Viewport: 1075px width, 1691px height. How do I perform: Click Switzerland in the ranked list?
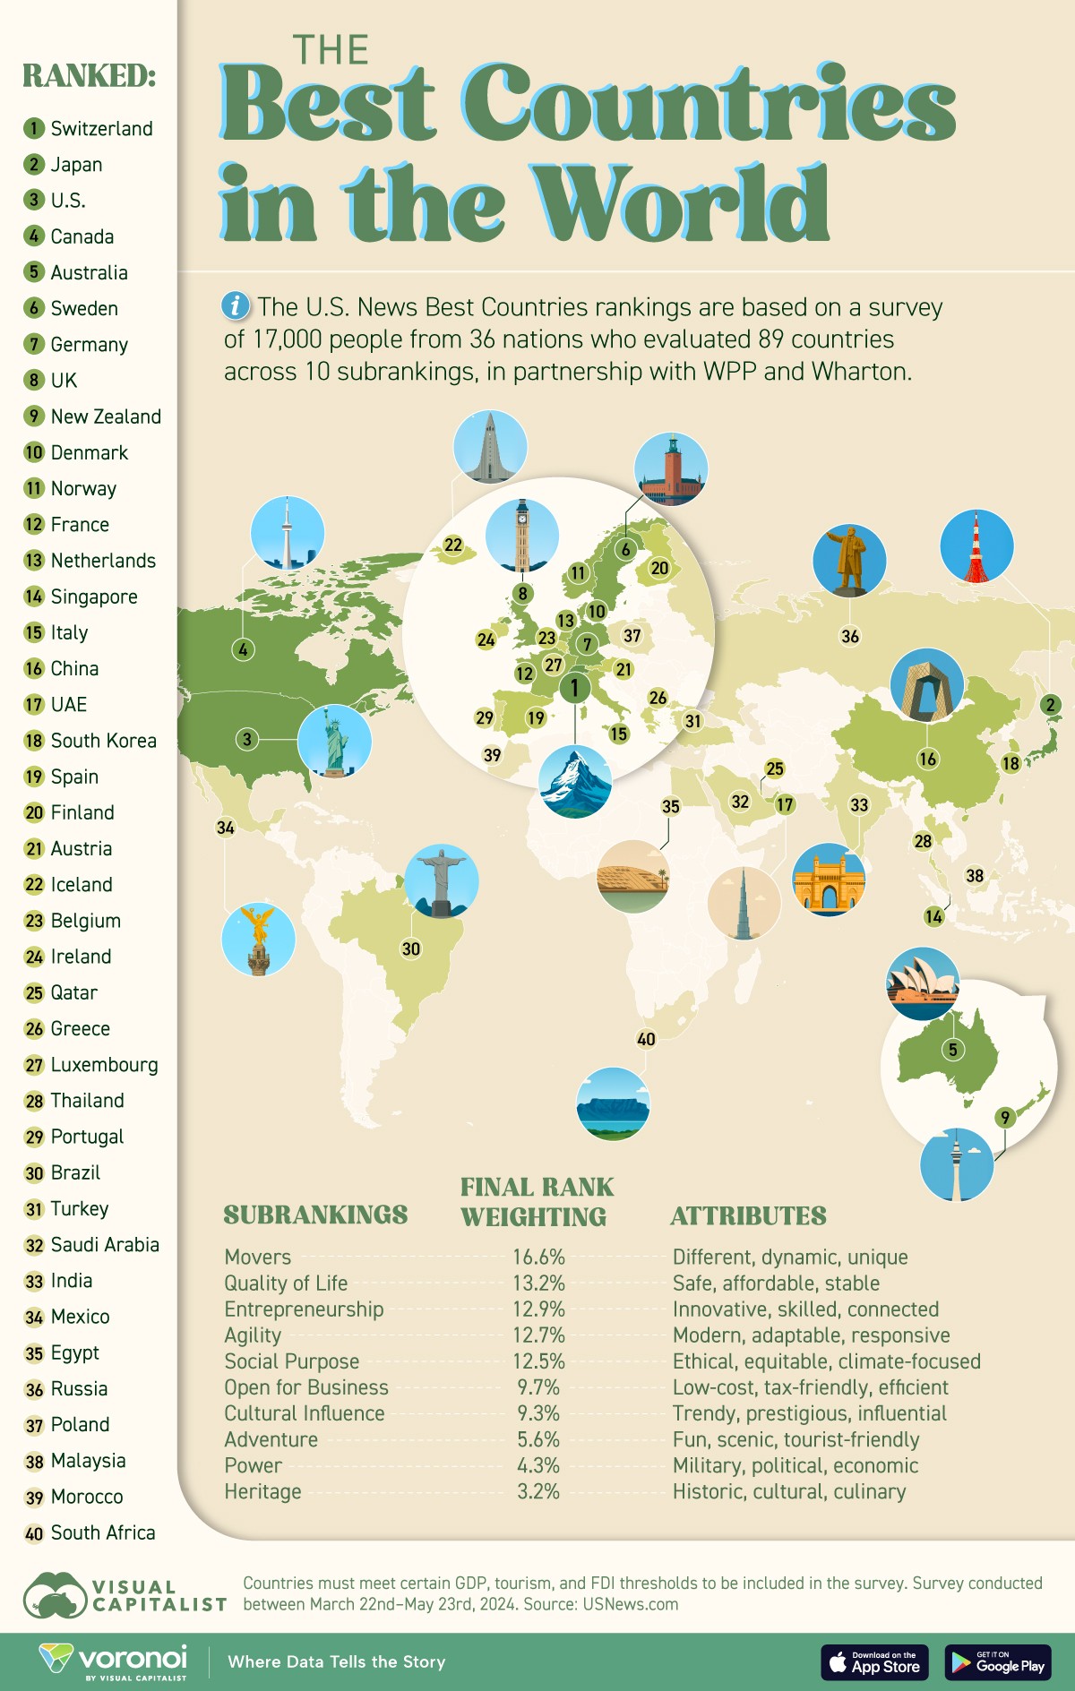(x=100, y=129)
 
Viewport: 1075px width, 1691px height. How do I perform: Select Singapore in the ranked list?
(x=93, y=597)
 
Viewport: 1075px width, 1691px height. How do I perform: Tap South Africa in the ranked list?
(x=102, y=1532)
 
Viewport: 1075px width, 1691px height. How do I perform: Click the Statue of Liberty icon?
(x=335, y=741)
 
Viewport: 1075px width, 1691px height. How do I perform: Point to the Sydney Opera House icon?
(x=922, y=983)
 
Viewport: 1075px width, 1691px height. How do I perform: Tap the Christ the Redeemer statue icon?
(x=441, y=880)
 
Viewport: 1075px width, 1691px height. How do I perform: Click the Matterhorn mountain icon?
(x=575, y=781)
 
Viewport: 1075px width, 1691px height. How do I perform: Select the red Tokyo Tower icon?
(x=976, y=546)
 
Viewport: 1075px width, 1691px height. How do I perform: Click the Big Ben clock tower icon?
(x=522, y=536)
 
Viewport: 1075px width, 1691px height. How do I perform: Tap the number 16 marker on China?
(x=927, y=760)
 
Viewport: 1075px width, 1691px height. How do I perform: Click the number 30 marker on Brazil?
(x=411, y=949)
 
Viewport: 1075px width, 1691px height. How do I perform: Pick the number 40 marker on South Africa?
(x=646, y=1039)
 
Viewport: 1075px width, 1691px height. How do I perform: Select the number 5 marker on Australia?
(x=952, y=1050)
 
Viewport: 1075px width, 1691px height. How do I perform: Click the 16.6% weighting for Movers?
(x=538, y=1257)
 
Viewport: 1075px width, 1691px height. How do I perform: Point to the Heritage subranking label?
(x=262, y=1491)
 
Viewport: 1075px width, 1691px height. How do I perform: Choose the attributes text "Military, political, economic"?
(x=795, y=1465)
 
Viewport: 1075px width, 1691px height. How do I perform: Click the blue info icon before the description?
(x=235, y=306)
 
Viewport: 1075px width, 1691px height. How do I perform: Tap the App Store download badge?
(x=874, y=1662)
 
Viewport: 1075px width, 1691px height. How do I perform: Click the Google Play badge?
(x=998, y=1662)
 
